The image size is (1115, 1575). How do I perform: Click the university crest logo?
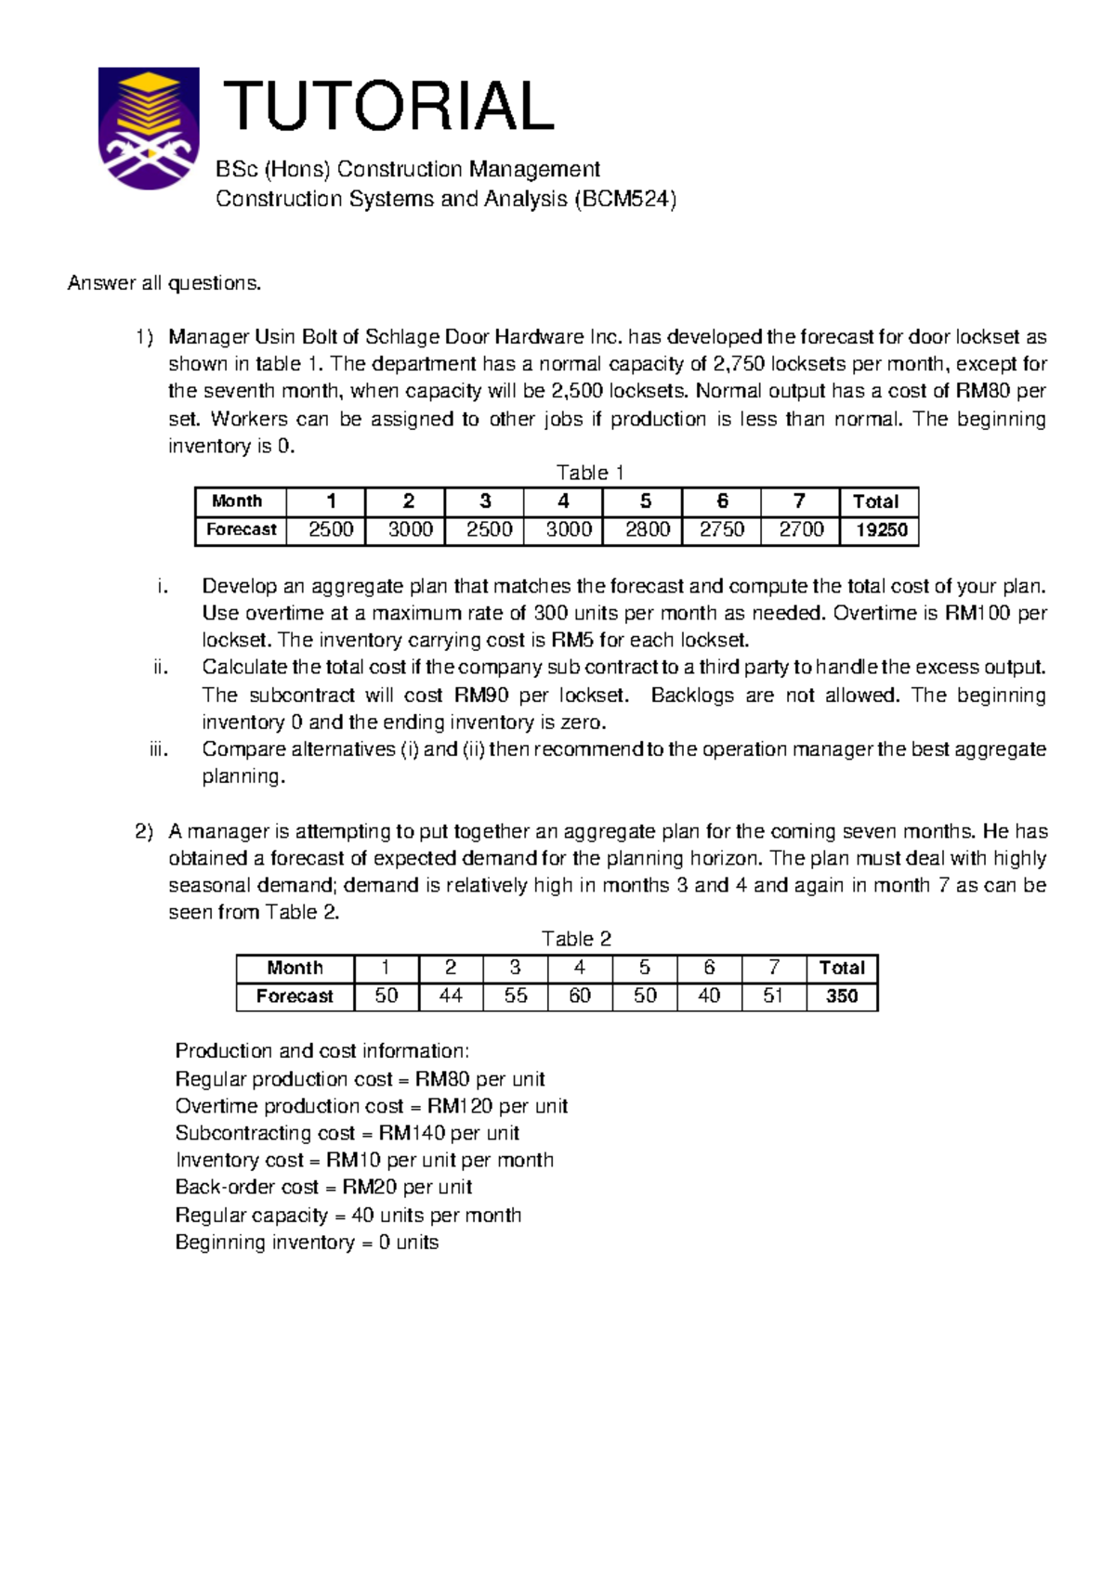[x=149, y=127]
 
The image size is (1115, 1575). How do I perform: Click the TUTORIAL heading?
[x=387, y=106]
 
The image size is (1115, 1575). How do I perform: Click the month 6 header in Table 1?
[x=722, y=501]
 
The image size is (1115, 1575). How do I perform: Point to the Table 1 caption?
[x=589, y=473]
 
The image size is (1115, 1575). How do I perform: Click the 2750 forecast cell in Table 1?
[x=722, y=529]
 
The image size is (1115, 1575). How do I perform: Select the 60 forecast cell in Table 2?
[x=580, y=996]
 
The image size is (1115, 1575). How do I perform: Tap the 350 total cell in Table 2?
[x=842, y=996]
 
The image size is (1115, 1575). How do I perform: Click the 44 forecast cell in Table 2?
[x=451, y=996]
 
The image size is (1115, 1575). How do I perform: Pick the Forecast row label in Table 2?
[x=295, y=996]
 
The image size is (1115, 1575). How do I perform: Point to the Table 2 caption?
[x=576, y=939]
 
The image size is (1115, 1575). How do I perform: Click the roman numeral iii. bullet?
[x=159, y=749]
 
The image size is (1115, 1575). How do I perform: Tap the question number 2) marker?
[x=144, y=831]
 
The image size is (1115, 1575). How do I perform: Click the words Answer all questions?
[x=164, y=283]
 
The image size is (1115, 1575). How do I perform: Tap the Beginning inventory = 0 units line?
[x=307, y=1243]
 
